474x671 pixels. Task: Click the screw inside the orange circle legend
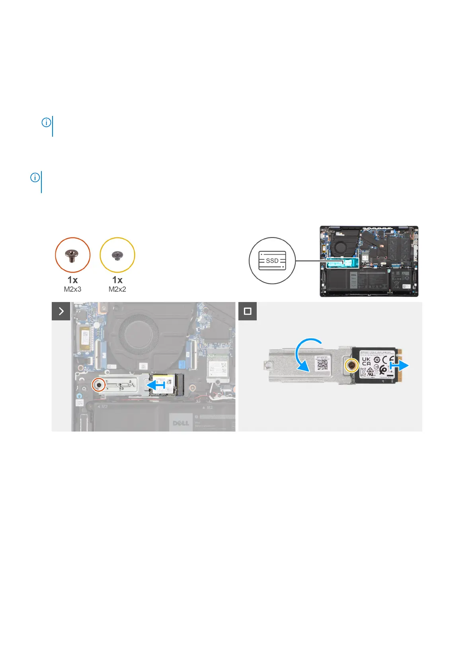72,253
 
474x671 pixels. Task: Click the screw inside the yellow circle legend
117,254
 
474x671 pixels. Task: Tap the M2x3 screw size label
72,289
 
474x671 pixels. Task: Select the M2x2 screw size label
117,289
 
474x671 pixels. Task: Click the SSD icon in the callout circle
272,261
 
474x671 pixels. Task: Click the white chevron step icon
61,311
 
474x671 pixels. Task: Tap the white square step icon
248,311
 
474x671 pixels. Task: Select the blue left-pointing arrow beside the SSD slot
156,385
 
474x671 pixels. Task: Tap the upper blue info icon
46,122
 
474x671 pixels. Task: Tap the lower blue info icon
35,178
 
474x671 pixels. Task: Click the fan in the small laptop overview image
341,247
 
